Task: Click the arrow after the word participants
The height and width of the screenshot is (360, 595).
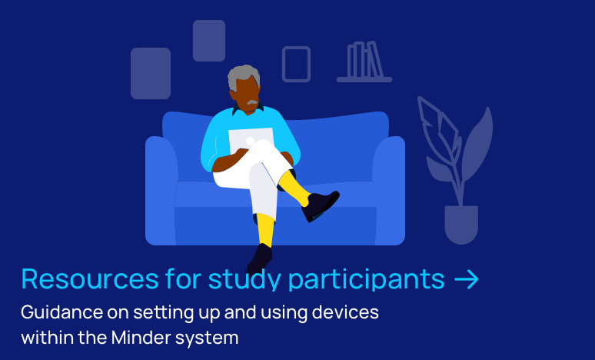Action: click(x=467, y=279)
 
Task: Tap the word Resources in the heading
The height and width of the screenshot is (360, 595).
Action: click(x=90, y=279)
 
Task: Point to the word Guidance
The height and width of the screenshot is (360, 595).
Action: click(x=61, y=312)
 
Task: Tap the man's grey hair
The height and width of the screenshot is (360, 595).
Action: click(x=243, y=76)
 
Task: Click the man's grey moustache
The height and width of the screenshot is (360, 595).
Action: click(x=252, y=102)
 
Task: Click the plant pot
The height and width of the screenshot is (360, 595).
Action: click(x=461, y=224)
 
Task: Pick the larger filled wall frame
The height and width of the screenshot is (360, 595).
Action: click(x=151, y=73)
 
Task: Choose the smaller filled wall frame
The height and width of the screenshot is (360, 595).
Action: click(x=209, y=41)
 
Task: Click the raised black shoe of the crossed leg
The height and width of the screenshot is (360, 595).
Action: click(x=320, y=206)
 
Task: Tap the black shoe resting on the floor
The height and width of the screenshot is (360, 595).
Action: click(x=260, y=258)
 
